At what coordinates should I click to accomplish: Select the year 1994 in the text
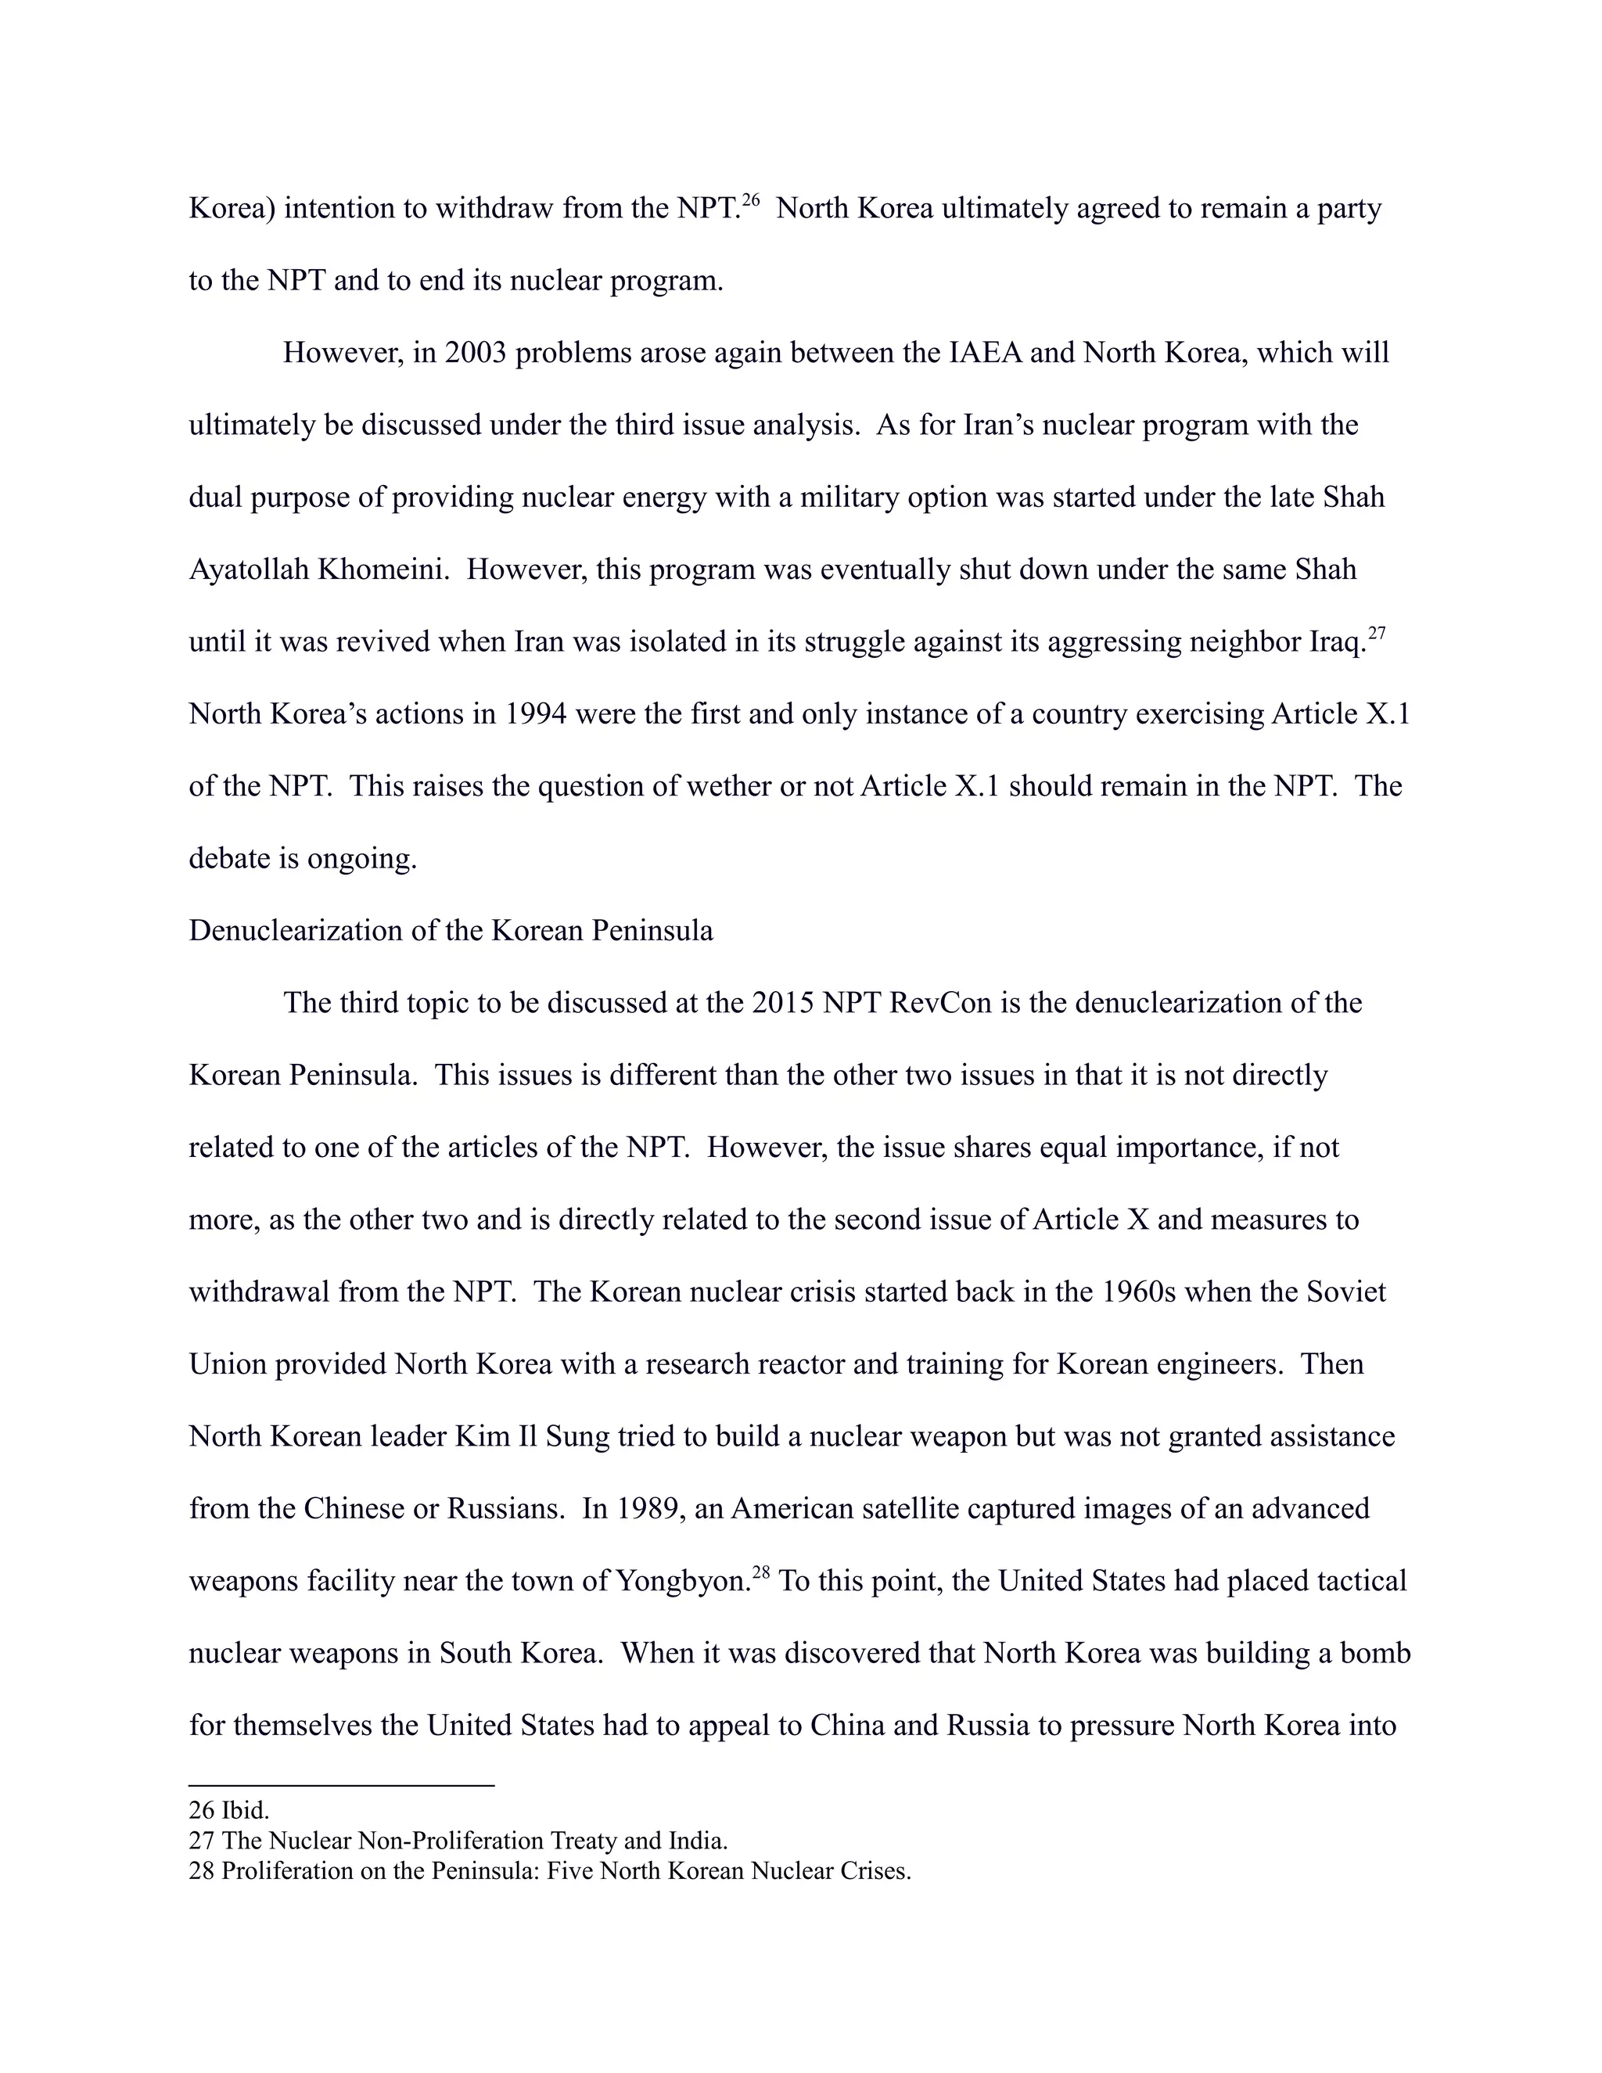(x=535, y=713)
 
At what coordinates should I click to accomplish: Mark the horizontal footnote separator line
(x=342, y=1785)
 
